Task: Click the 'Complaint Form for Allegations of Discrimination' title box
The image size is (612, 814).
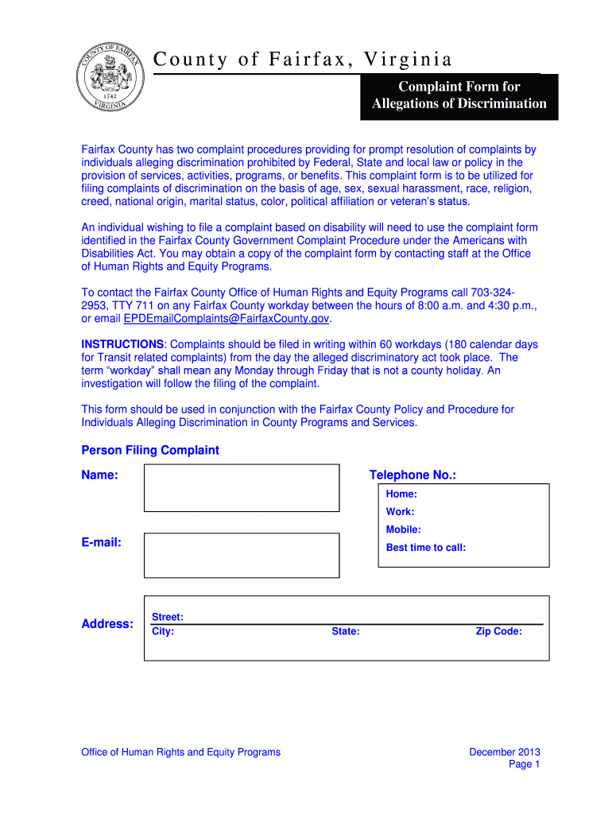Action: click(459, 95)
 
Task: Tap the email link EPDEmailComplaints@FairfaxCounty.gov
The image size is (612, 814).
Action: click(226, 319)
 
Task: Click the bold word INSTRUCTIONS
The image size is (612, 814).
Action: click(122, 344)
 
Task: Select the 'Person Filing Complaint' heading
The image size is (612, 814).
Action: click(150, 450)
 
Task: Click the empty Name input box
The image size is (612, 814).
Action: click(242, 487)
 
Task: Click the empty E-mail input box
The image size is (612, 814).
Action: click(242, 554)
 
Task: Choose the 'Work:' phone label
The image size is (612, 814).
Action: click(400, 512)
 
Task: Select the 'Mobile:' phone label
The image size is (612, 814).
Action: click(403, 529)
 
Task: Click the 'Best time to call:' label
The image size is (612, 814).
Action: click(425, 548)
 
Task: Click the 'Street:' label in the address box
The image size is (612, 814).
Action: click(167, 617)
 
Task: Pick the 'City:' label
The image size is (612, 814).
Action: click(163, 632)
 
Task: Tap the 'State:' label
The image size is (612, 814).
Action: click(346, 632)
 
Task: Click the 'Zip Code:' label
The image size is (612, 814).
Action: click(498, 632)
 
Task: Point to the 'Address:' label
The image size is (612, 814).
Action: click(107, 624)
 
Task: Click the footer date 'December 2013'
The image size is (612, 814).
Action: click(505, 752)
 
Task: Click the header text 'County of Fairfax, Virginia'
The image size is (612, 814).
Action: click(303, 60)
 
